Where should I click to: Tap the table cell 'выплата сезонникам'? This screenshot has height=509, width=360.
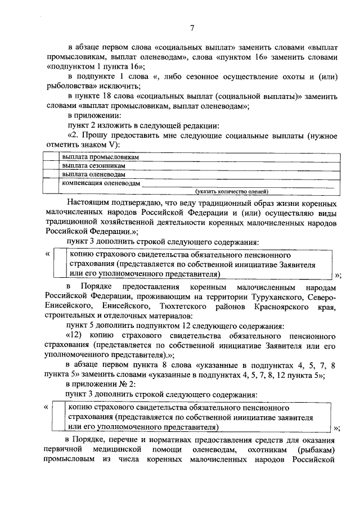pyautogui.click(x=94, y=166)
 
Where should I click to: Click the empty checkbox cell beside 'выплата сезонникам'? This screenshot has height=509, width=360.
pyautogui.click(x=52, y=166)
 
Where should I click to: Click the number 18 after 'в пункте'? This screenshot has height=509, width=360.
pyautogui.click(x=110, y=97)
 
